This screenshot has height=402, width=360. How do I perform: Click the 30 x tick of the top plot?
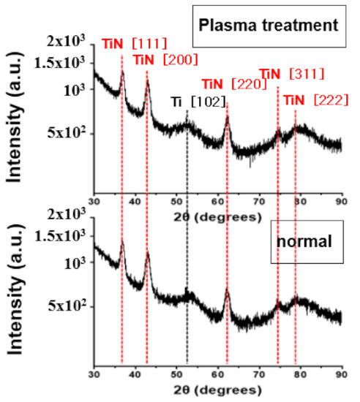tap(94, 201)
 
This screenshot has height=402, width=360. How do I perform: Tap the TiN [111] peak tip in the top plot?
tap(122, 72)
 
